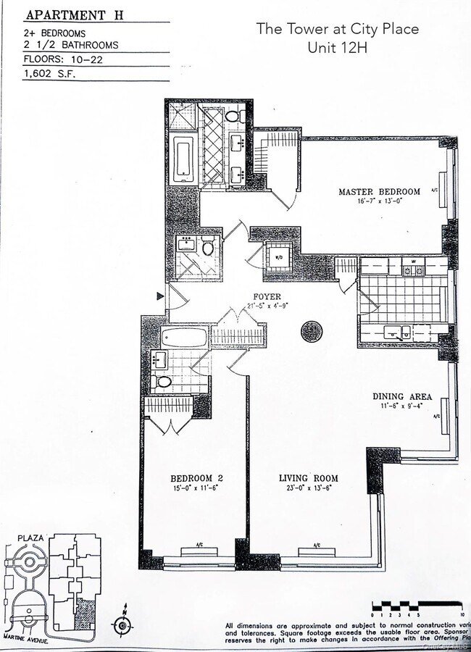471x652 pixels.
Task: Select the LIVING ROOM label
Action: [x=309, y=478]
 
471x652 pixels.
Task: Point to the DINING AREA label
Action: [x=402, y=396]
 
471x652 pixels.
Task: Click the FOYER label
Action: [x=267, y=297]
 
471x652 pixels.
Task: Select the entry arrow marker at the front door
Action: [x=160, y=296]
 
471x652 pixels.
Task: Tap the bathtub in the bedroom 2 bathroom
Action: [x=185, y=338]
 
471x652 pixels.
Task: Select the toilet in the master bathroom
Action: [x=233, y=115]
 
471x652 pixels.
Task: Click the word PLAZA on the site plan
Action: [x=32, y=538]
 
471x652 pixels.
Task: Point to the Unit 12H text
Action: [x=337, y=48]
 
